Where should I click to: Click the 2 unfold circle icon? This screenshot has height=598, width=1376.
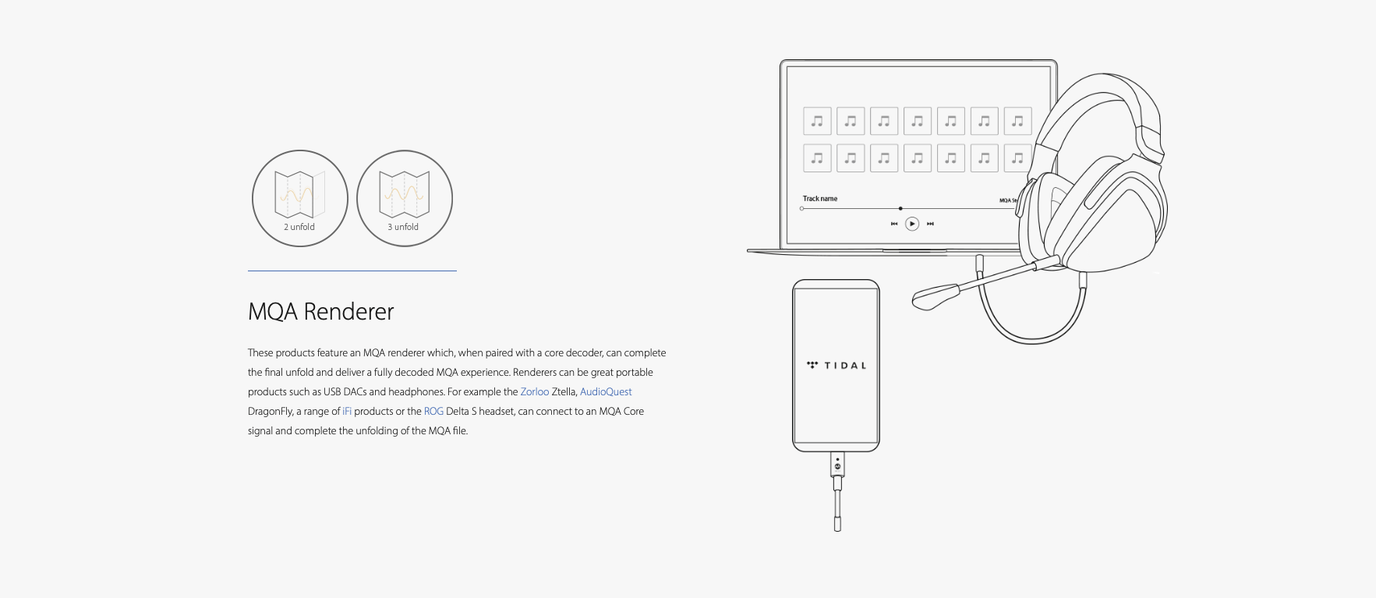pyautogui.click(x=300, y=198)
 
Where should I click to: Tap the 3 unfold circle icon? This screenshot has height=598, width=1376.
pyautogui.click(x=405, y=198)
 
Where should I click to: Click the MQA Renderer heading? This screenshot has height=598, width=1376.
pyautogui.click(x=321, y=312)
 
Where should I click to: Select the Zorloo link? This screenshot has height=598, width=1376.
pyautogui.click(x=535, y=391)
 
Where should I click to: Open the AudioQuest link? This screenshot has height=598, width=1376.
pyautogui.click(x=606, y=391)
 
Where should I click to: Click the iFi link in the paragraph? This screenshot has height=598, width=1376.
pyautogui.click(x=347, y=411)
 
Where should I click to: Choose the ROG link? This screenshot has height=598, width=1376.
pyautogui.click(x=433, y=411)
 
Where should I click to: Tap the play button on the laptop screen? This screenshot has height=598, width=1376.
pyautogui.click(x=912, y=224)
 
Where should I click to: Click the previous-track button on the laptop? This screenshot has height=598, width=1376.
pyautogui.click(x=894, y=224)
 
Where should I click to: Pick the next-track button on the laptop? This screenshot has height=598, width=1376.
pyautogui.click(x=930, y=224)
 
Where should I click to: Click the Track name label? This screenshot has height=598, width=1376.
pyautogui.click(x=820, y=199)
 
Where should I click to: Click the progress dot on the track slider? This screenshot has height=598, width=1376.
pyautogui.click(x=900, y=208)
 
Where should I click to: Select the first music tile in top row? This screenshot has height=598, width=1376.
pyautogui.click(x=817, y=121)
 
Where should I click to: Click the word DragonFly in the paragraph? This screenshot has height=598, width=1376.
pyautogui.click(x=271, y=411)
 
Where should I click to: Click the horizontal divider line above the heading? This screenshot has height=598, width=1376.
pyautogui.click(x=352, y=271)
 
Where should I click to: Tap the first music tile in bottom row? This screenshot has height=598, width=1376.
pyautogui.click(x=817, y=157)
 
